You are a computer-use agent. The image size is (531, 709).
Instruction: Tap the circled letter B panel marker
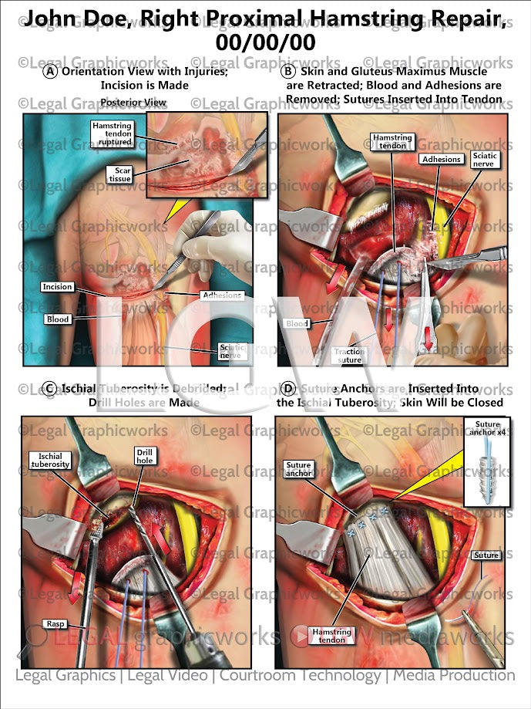[287, 71]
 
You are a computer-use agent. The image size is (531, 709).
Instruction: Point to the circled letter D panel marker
[287, 388]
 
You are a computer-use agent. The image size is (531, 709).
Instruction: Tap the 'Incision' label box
[58, 287]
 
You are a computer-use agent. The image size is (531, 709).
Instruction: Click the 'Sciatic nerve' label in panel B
[490, 160]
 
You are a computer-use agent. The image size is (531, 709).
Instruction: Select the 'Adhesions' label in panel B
[442, 160]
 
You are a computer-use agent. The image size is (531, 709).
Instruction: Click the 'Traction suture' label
[349, 355]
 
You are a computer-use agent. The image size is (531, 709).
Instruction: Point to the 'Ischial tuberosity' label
[51, 460]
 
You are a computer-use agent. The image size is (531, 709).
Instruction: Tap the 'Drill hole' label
[145, 455]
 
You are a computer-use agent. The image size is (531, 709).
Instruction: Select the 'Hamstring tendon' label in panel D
[332, 636]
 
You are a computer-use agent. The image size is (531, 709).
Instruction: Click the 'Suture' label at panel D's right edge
[486, 555]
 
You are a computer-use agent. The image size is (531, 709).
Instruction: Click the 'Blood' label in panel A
[57, 319]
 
